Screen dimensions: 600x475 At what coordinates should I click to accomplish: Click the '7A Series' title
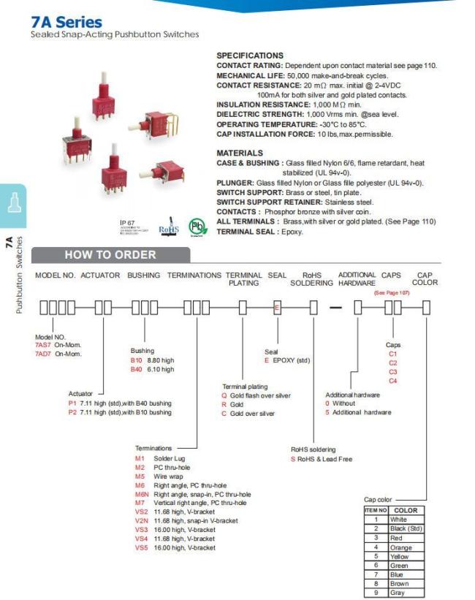click(66, 22)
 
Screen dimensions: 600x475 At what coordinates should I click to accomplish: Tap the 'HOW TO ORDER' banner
click(110, 255)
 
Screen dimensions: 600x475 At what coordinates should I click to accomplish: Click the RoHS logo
click(168, 227)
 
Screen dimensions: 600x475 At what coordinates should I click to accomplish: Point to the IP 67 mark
click(128, 222)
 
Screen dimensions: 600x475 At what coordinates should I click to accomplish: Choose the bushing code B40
click(137, 369)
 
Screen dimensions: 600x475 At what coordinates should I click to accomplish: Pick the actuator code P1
click(72, 403)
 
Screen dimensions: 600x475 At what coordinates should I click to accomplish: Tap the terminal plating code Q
click(224, 395)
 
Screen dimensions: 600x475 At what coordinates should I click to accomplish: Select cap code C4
click(393, 381)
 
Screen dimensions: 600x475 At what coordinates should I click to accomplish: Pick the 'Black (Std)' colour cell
click(406, 528)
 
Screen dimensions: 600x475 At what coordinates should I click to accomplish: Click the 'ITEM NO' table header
click(376, 510)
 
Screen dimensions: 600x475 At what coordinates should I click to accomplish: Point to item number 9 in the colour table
click(376, 593)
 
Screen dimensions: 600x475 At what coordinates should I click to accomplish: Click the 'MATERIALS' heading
click(240, 153)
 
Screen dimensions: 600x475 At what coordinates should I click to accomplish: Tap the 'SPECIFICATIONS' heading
click(250, 56)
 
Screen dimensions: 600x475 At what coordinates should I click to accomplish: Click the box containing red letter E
click(277, 307)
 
